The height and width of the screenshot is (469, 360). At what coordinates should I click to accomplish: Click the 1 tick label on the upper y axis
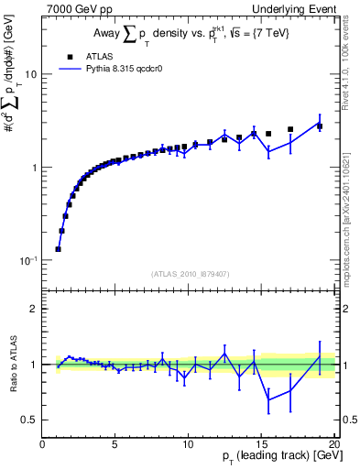click(x=35, y=168)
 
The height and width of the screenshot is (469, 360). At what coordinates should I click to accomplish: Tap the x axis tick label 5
click(x=115, y=444)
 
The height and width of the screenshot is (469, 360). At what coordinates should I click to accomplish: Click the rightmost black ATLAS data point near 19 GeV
click(x=320, y=126)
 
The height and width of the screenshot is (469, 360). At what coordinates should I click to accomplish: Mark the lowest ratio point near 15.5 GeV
click(x=268, y=399)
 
